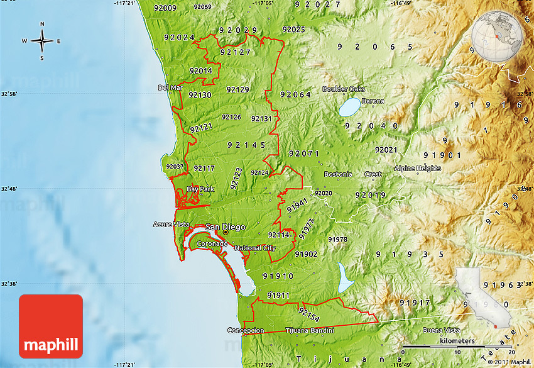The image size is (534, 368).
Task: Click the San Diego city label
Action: coord(225,227)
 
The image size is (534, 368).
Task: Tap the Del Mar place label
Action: coord(170,87)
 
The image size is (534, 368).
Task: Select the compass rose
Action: coord(42,42)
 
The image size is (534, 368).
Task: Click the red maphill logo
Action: coord(51,326)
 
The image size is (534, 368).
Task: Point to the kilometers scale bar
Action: coord(457,345)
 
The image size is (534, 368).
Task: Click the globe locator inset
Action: coord(496,37)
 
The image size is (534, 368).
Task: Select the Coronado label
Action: coord(212,243)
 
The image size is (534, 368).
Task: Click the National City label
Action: coord(255,248)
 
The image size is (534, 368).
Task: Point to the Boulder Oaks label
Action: coord(344,89)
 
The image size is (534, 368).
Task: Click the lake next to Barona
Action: coord(350,107)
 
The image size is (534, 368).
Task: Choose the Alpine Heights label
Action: coord(418,168)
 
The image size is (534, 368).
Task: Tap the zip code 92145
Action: coord(246,145)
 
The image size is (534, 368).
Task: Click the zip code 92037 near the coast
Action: coord(174,167)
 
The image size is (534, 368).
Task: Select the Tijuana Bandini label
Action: coord(309,330)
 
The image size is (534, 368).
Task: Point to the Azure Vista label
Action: coord(171,224)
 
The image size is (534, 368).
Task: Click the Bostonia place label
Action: coord(337,174)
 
